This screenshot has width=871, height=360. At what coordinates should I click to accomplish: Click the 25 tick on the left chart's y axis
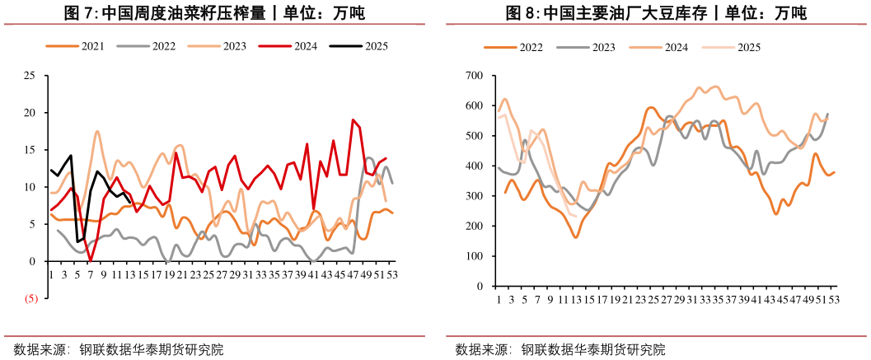[x=29, y=76]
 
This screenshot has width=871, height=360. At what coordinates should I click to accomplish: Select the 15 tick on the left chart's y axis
[x=29, y=150]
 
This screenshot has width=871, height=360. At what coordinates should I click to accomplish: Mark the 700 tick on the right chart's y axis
[x=473, y=76]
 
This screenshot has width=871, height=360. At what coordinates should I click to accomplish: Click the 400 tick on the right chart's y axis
[x=473, y=166]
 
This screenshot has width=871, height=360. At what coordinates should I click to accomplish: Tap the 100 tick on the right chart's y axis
[x=473, y=256]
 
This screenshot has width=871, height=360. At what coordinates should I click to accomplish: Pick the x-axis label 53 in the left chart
[x=392, y=274]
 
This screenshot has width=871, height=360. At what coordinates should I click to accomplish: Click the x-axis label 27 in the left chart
[x=222, y=274]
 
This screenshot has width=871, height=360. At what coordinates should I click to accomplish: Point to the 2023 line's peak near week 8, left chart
[x=97, y=131]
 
